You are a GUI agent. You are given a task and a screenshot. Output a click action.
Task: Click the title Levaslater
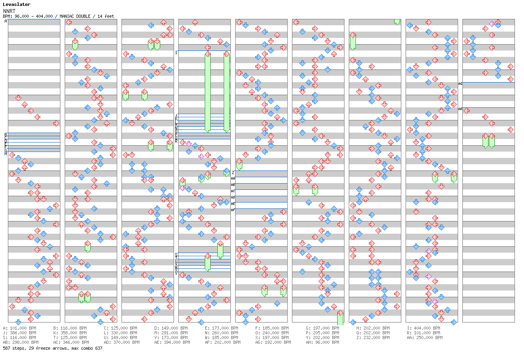tap(17, 4)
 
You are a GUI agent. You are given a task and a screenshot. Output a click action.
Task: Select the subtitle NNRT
tap(9, 11)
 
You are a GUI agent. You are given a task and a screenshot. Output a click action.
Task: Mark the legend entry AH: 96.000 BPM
tap(322, 342)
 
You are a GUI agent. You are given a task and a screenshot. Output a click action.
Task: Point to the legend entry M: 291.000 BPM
tap(171, 333)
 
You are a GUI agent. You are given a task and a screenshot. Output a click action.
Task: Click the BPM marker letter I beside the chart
tap(176, 52)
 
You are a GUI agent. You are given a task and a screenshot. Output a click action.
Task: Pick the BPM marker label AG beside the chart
tap(460, 84)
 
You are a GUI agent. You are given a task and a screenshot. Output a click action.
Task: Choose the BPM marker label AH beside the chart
tap(460, 109)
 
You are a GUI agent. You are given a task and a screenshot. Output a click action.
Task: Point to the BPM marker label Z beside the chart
tap(233, 172)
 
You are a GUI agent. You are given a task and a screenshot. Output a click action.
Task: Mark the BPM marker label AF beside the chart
tap(233, 210)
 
